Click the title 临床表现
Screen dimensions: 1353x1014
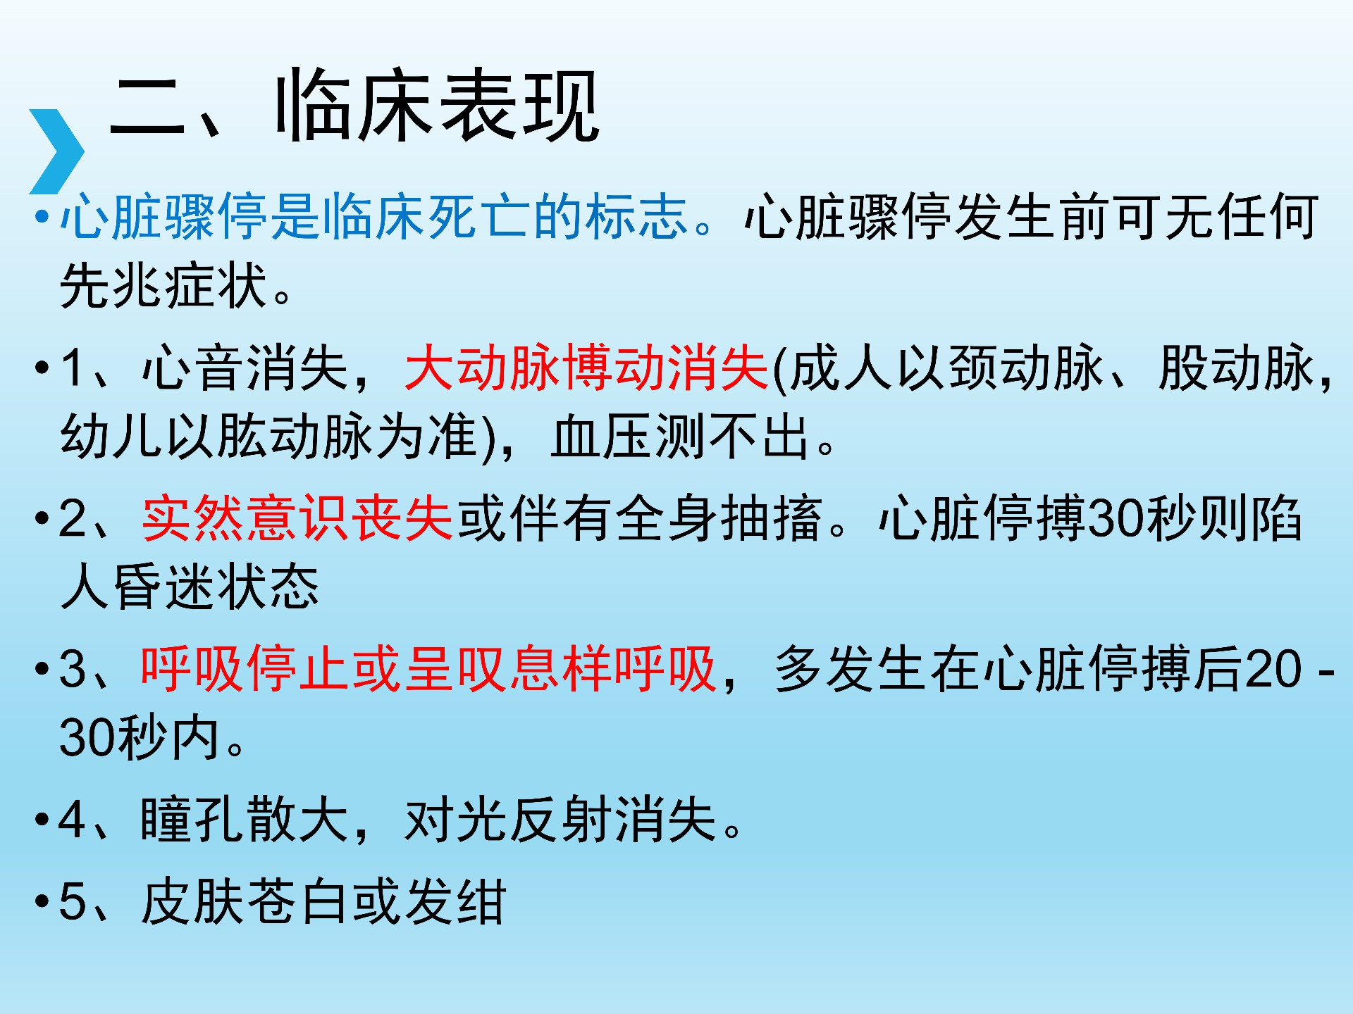pyautogui.click(x=437, y=106)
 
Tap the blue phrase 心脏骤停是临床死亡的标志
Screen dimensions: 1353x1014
pyautogui.click(x=374, y=216)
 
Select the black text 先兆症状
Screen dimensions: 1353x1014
pyautogui.click(x=163, y=286)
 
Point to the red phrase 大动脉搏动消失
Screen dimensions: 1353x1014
pyautogui.click(x=586, y=368)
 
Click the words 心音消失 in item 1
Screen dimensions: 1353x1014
pyautogui.click(x=245, y=368)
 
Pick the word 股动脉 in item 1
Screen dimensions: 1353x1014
pyautogui.click(x=1237, y=368)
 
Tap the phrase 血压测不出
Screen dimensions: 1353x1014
pyautogui.click(x=681, y=437)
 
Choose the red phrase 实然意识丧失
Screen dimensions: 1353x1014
pyautogui.click(x=297, y=518)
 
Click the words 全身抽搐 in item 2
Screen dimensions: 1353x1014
pyautogui.click(x=719, y=518)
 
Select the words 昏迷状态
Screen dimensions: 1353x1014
pyautogui.click(x=216, y=587)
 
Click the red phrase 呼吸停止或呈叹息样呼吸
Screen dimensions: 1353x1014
pyautogui.click(x=428, y=668)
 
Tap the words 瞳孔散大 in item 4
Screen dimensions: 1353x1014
pyautogui.click(x=245, y=820)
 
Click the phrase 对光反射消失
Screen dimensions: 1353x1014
pyautogui.click(x=560, y=820)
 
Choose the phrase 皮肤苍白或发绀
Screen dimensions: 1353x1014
pyautogui.click(x=323, y=901)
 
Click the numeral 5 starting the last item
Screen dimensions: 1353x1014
pyautogui.click(x=73, y=901)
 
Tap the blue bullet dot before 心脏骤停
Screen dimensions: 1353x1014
pyautogui.click(x=42, y=217)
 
